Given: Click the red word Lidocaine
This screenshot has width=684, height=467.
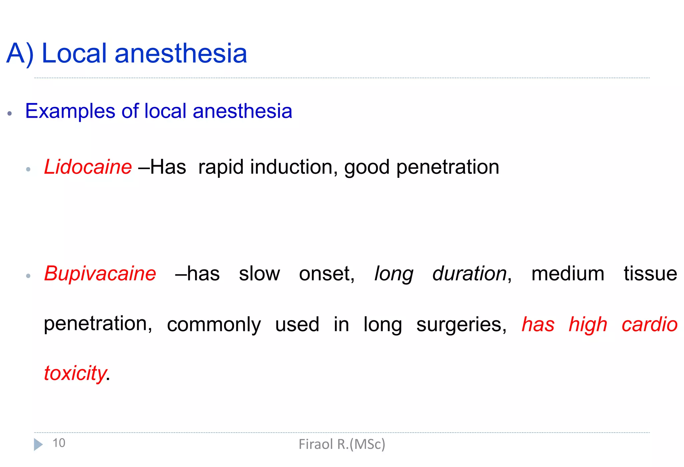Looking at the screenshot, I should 88,167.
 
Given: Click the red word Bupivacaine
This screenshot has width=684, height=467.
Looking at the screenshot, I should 100,273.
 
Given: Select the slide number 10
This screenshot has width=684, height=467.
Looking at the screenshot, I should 59,443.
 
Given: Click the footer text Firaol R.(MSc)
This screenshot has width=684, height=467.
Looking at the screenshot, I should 342,444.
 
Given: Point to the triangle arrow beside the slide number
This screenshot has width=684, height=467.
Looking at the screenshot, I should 38,445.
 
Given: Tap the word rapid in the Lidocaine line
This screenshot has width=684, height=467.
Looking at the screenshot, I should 221,167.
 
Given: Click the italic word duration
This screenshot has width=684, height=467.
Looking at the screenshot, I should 469,273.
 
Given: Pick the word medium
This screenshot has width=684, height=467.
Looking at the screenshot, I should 567,273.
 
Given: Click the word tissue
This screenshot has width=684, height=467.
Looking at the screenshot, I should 650,273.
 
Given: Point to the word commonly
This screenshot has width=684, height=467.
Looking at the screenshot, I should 214,324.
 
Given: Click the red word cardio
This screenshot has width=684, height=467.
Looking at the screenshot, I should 649,324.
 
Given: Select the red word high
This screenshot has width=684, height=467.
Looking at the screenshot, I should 588,324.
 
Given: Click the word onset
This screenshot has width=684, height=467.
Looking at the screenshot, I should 326,273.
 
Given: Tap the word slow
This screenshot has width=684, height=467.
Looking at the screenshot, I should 259,273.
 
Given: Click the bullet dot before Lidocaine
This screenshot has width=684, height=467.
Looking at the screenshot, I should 28,169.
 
